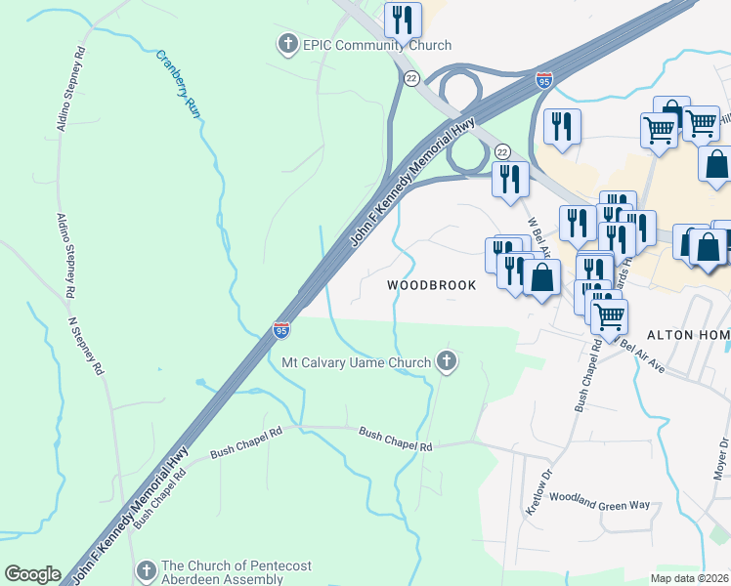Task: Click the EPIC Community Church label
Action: tap(377, 45)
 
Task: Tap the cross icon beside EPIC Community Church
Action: tap(287, 44)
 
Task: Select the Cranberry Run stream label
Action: tap(179, 82)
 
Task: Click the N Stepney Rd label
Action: tap(85, 347)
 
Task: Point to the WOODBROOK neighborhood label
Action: tap(431, 285)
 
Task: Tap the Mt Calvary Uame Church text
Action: tap(356, 363)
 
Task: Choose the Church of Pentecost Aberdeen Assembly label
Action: tap(223, 573)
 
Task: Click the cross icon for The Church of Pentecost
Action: tap(146, 569)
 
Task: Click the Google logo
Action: tap(32, 574)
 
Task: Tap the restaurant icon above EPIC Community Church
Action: tap(402, 19)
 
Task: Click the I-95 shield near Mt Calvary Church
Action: tap(281, 331)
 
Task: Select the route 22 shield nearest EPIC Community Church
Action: tap(411, 78)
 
